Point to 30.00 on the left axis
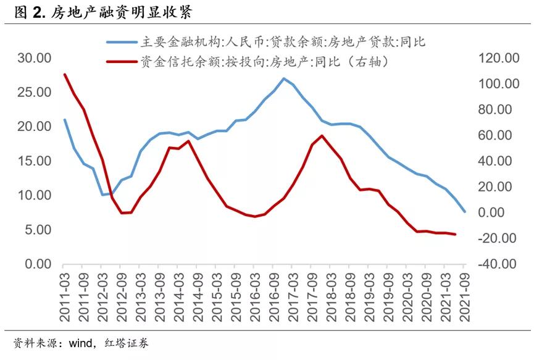tap(35, 58)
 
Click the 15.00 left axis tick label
tap(35, 161)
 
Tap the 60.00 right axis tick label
tap(493, 135)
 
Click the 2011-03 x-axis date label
tap(65, 298)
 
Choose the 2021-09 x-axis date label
tap(466, 298)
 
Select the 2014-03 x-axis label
tap(179, 298)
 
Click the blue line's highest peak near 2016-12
tap(283, 78)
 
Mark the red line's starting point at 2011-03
tap(65, 75)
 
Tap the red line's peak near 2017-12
tap(322, 135)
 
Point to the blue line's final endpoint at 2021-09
tap(465, 212)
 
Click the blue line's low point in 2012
tap(103, 195)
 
